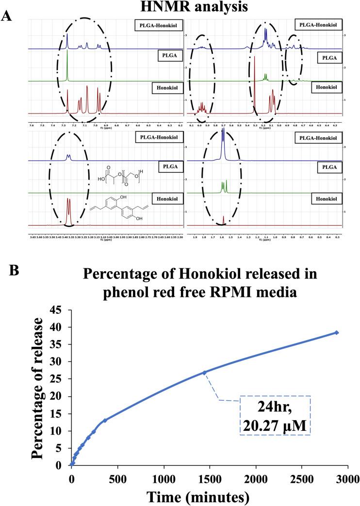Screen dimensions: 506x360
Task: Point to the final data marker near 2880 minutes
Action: point(336,332)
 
